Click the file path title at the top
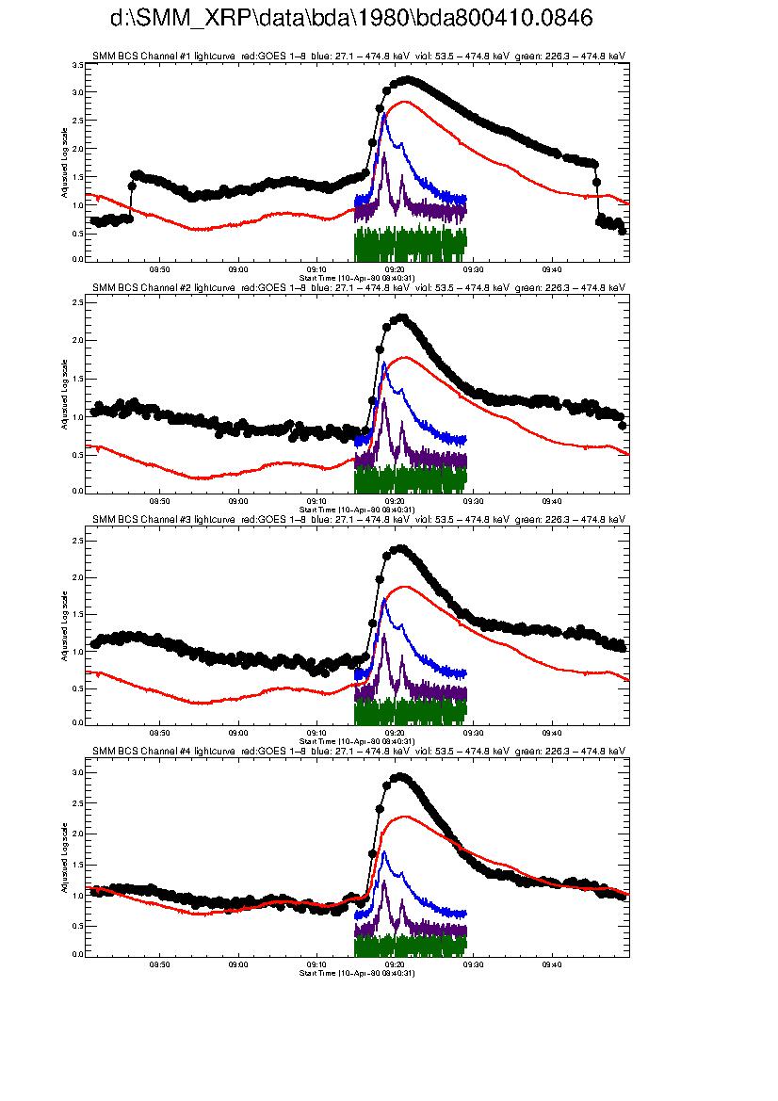[351, 20]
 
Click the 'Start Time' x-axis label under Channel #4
[356, 973]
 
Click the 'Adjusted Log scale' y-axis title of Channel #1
[64, 166]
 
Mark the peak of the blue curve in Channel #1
[384, 113]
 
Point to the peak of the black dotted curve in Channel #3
[400, 548]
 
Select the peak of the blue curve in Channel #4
[384, 852]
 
